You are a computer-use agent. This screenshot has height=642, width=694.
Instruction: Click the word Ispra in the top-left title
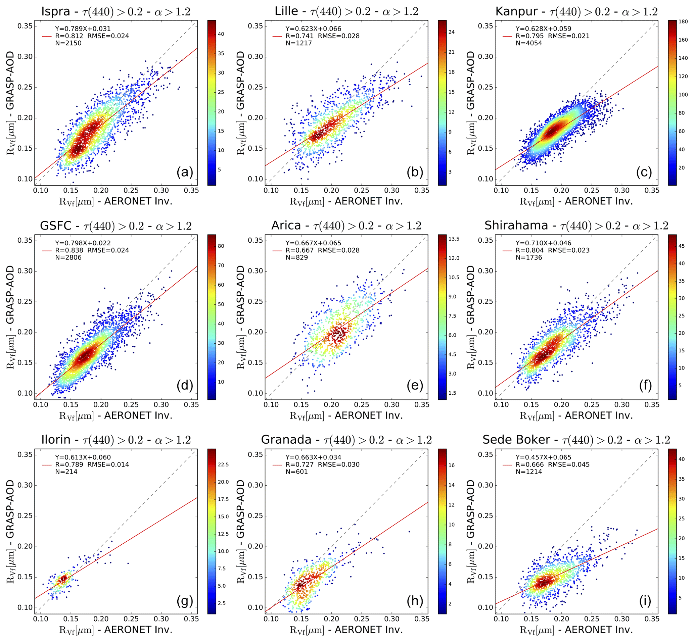click(x=56, y=11)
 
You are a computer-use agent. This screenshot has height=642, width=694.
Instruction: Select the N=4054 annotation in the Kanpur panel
click(x=528, y=43)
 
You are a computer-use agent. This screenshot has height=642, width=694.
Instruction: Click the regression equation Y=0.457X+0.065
click(x=543, y=457)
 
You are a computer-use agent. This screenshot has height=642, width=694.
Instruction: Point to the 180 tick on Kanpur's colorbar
click(x=683, y=21)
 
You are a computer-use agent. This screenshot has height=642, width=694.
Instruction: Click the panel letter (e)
click(x=415, y=386)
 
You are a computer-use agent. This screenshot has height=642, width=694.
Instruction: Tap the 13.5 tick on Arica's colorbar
click(x=454, y=239)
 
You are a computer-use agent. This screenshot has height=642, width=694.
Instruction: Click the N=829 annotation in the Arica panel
click(x=297, y=257)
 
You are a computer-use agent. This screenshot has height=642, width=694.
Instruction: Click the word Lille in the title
click(x=286, y=11)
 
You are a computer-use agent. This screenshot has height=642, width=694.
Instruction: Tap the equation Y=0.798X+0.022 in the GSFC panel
click(x=83, y=243)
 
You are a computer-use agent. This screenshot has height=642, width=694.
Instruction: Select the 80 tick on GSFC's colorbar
click(x=221, y=246)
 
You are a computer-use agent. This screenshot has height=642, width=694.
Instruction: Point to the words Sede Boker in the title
click(x=516, y=440)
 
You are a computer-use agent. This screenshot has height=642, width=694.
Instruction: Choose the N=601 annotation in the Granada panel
click(x=297, y=472)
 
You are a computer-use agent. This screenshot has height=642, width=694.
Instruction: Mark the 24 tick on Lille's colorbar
click(x=452, y=32)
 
